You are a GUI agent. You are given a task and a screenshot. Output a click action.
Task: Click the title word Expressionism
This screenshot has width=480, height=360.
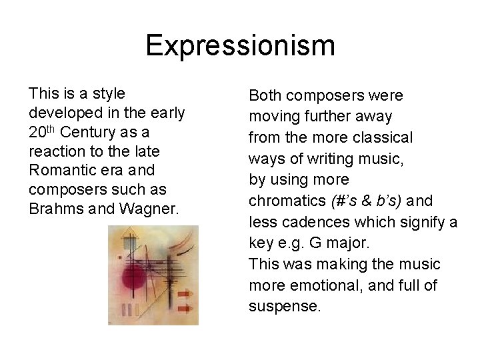click(x=240, y=45)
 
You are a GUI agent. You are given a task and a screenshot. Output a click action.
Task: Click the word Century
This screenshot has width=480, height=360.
click(x=87, y=132)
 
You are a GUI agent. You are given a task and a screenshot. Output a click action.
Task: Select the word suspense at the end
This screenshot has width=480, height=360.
click(x=285, y=307)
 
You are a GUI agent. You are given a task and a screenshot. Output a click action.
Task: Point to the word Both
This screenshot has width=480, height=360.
click(x=265, y=96)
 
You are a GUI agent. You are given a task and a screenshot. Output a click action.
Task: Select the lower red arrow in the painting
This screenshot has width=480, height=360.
click(x=185, y=309)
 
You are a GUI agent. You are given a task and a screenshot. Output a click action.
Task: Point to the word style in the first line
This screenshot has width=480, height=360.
click(x=107, y=93)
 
